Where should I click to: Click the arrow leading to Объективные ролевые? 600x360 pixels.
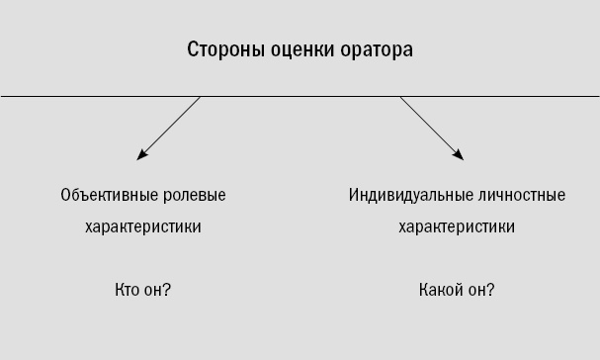pyautogui.click(x=170, y=127)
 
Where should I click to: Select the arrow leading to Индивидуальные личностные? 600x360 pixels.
pyautogui.click(x=431, y=127)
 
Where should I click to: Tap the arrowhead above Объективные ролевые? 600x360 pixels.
pyautogui.click(x=142, y=154)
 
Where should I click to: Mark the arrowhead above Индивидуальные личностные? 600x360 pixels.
pyautogui.click(x=458, y=154)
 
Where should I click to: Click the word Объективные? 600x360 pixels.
pyautogui.click(x=103, y=195)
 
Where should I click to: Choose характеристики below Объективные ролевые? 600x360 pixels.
pyautogui.click(x=143, y=226)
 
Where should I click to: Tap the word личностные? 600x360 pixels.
pyautogui.click(x=523, y=195)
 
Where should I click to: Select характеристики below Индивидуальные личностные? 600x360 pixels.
pyautogui.click(x=457, y=226)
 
